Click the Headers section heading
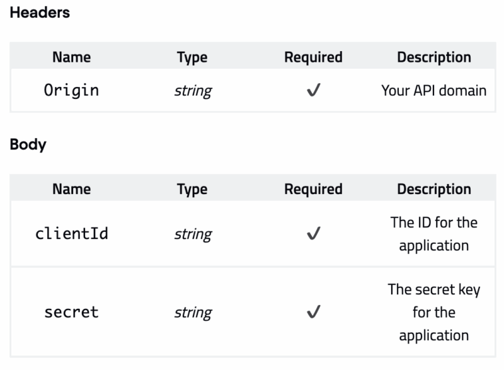(40, 13)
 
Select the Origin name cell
(71, 90)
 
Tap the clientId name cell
(71, 234)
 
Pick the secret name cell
(71, 312)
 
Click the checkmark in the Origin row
(313, 91)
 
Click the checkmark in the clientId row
(313, 234)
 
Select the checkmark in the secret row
(313, 313)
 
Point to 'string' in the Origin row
(192, 91)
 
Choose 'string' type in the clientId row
(192, 234)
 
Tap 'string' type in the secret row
(192, 313)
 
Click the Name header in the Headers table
(71, 57)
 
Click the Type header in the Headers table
(192, 57)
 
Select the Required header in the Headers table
(313, 57)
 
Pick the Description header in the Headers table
(433, 57)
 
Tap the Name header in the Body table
(71, 189)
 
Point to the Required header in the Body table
(313, 189)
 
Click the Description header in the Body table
(433, 189)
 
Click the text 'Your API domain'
(433, 90)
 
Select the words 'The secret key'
(433, 289)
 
